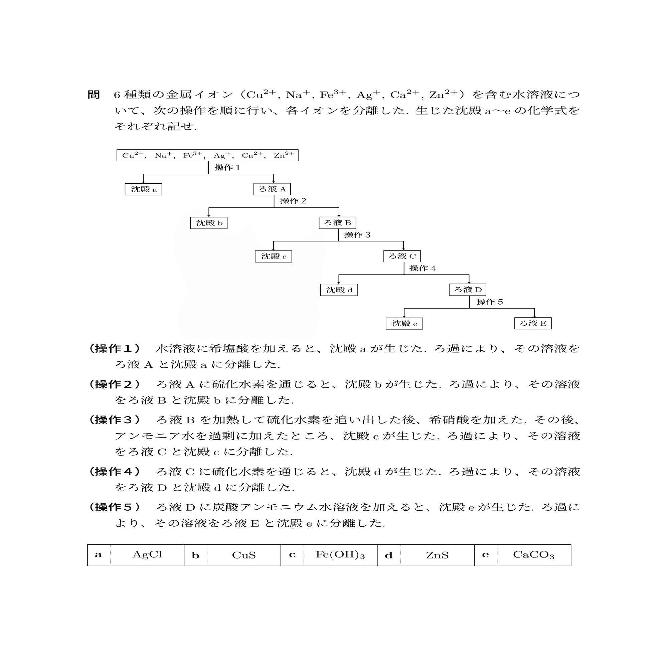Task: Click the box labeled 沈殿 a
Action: [x=143, y=189]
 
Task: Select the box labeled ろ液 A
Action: [x=272, y=189]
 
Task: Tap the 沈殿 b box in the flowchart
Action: [x=208, y=223]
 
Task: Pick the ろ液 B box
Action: [x=337, y=223]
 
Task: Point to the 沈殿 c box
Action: [x=273, y=257]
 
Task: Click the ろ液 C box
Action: [x=402, y=256]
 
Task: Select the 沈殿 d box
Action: [x=338, y=290]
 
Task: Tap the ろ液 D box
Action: [x=468, y=290]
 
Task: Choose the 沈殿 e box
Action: [x=404, y=324]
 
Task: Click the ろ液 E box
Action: [x=532, y=323]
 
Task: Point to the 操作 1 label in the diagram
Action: [x=227, y=168]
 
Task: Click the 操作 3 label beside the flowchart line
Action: [x=357, y=235]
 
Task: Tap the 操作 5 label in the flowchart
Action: [x=489, y=302]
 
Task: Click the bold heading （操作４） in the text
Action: [x=115, y=471]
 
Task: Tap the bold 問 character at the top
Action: [x=94, y=95]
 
